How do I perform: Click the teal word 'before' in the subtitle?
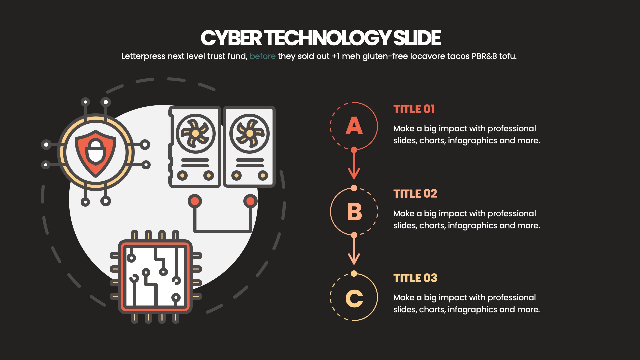click(262, 56)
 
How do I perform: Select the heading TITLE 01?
click(414, 109)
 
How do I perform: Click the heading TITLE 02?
click(415, 194)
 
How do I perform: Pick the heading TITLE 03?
click(415, 278)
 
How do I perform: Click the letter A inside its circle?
click(354, 126)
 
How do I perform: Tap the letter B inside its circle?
click(354, 212)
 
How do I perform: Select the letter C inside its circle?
click(354, 298)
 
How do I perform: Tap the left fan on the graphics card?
click(195, 133)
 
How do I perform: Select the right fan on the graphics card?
click(249, 133)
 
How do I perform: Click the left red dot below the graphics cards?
click(195, 201)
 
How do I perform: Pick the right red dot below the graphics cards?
click(250, 201)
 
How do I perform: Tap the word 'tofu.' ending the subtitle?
click(508, 56)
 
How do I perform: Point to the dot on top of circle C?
click(354, 274)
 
